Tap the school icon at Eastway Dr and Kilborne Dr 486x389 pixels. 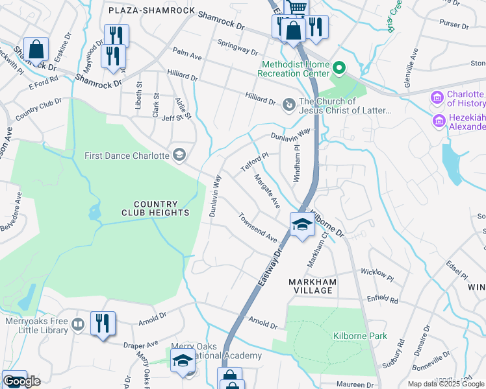[302, 225]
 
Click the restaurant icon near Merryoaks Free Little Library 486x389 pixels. [103, 323]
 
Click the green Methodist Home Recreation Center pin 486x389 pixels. [339, 68]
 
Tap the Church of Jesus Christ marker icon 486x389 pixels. [288, 102]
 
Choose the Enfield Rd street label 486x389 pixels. [382, 300]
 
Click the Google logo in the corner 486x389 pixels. [21, 381]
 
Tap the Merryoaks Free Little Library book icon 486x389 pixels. [78, 323]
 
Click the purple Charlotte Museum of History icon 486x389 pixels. [437, 99]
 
